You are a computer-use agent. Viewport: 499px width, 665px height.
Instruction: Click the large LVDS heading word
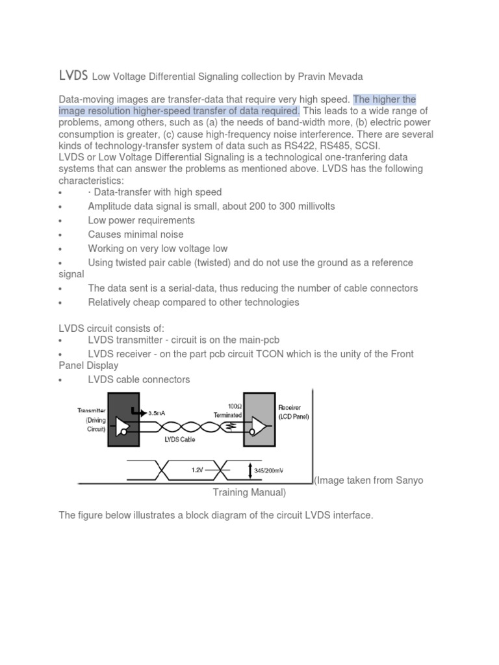(x=73, y=76)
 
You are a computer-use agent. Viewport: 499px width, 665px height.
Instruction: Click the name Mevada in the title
(x=341, y=77)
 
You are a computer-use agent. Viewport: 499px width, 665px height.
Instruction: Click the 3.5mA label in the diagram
(x=161, y=412)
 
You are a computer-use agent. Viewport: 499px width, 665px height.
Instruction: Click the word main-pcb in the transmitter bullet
(x=257, y=340)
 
